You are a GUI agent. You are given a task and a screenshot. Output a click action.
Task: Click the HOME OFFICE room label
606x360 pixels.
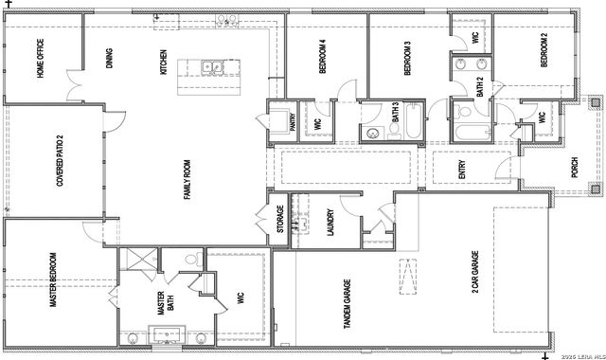pos(41,58)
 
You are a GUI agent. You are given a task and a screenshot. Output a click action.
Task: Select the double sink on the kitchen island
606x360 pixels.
pos(213,66)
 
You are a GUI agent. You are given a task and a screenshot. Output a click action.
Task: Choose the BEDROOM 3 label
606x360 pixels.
pos(407,60)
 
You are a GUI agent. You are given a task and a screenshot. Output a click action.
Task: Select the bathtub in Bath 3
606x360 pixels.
pos(414,123)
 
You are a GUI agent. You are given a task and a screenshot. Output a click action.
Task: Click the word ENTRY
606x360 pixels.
pos(462,171)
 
